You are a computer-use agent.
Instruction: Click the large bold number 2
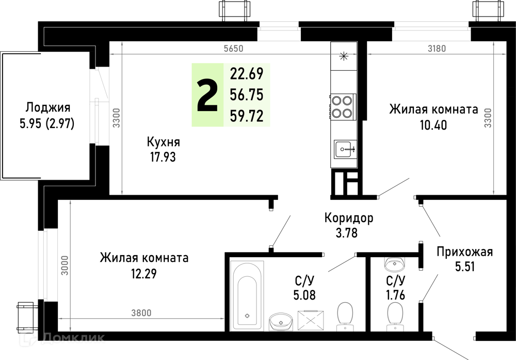pos(207,96)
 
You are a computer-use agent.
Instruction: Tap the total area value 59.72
pos(247,116)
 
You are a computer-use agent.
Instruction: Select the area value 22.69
pos(247,73)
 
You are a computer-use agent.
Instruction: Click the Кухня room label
pos(163,142)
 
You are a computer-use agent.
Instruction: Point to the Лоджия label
pos(48,107)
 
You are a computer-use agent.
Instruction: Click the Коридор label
pos(349,218)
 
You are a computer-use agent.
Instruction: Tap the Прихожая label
pos(465,252)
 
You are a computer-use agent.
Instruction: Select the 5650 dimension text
pos(233,49)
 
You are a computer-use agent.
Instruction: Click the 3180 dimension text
pos(437,49)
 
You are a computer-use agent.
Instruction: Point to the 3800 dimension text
pos(141,312)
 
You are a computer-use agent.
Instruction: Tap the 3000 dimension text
pos(65,265)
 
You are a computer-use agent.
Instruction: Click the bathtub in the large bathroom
pos(247,296)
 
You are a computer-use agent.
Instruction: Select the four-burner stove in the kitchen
pos(343,106)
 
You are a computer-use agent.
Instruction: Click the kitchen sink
pos(345,149)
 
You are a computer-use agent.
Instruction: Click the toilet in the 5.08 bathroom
pos(345,317)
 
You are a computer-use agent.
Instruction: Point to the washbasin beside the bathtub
pos(281,321)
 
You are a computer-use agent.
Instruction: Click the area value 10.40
pos(433,125)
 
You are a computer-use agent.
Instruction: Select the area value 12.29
pos(144,273)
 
